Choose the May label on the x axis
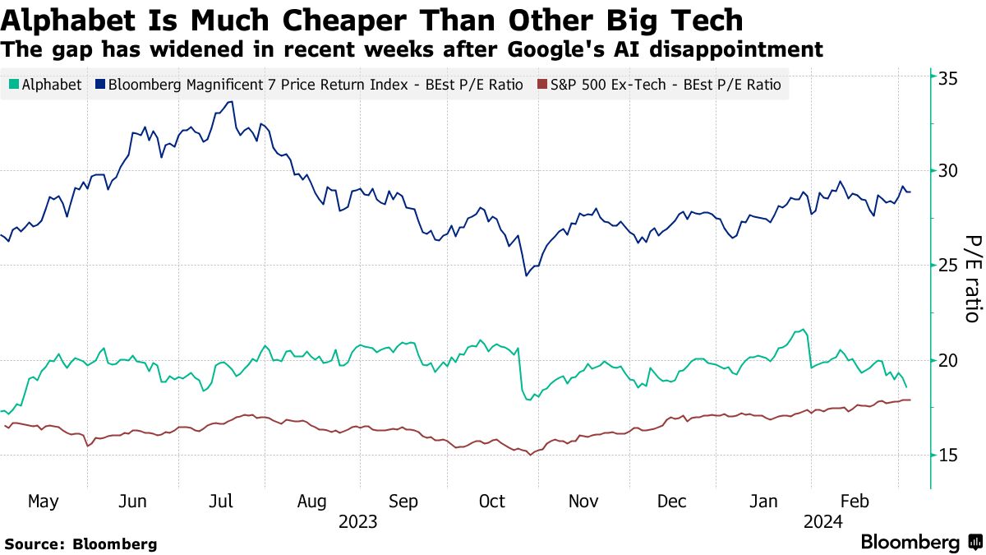(x=43, y=502)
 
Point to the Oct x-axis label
(x=492, y=502)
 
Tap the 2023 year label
(x=357, y=521)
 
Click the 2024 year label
(x=822, y=521)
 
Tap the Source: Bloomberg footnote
(x=81, y=543)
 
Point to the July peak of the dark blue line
(x=232, y=101)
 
